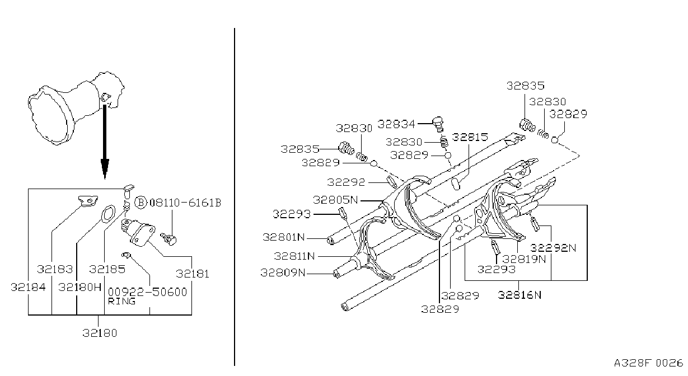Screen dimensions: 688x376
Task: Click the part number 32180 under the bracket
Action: pos(100,333)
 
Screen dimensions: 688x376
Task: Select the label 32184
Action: pos(28,287)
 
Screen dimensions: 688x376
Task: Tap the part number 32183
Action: pos(55,269)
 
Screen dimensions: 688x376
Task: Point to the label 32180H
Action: pos(80,287)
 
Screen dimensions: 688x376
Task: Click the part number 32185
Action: pos(107,269)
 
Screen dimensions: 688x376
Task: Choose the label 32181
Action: pos(193,274)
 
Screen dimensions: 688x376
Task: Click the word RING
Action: pos(121,301)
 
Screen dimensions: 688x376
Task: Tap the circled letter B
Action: pos(141,203)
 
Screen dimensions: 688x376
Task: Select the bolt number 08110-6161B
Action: pos(185,203)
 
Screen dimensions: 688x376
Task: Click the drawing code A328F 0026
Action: pos(648,363)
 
